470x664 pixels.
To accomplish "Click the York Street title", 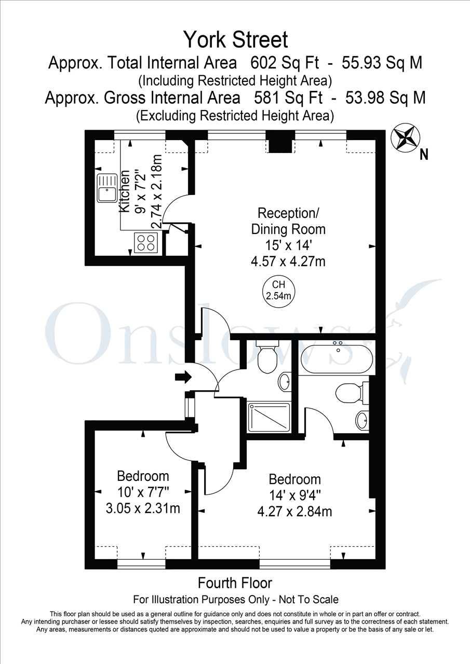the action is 236,40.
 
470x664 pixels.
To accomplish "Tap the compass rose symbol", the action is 405,138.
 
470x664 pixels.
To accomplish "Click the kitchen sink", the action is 107,188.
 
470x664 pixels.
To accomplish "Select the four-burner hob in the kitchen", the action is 146,243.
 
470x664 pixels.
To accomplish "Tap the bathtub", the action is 337,358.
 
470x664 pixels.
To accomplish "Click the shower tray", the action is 268,417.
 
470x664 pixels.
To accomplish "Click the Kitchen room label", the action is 125,191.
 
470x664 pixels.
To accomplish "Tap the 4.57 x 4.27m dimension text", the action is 288,261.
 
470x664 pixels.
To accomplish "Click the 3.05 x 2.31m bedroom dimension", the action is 143,508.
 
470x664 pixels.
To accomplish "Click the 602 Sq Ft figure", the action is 285,63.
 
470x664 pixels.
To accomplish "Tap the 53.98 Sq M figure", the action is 385,98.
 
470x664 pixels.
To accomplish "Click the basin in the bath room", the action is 361,420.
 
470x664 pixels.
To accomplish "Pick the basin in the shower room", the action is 284,382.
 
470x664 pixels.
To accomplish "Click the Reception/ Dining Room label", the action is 288,221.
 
